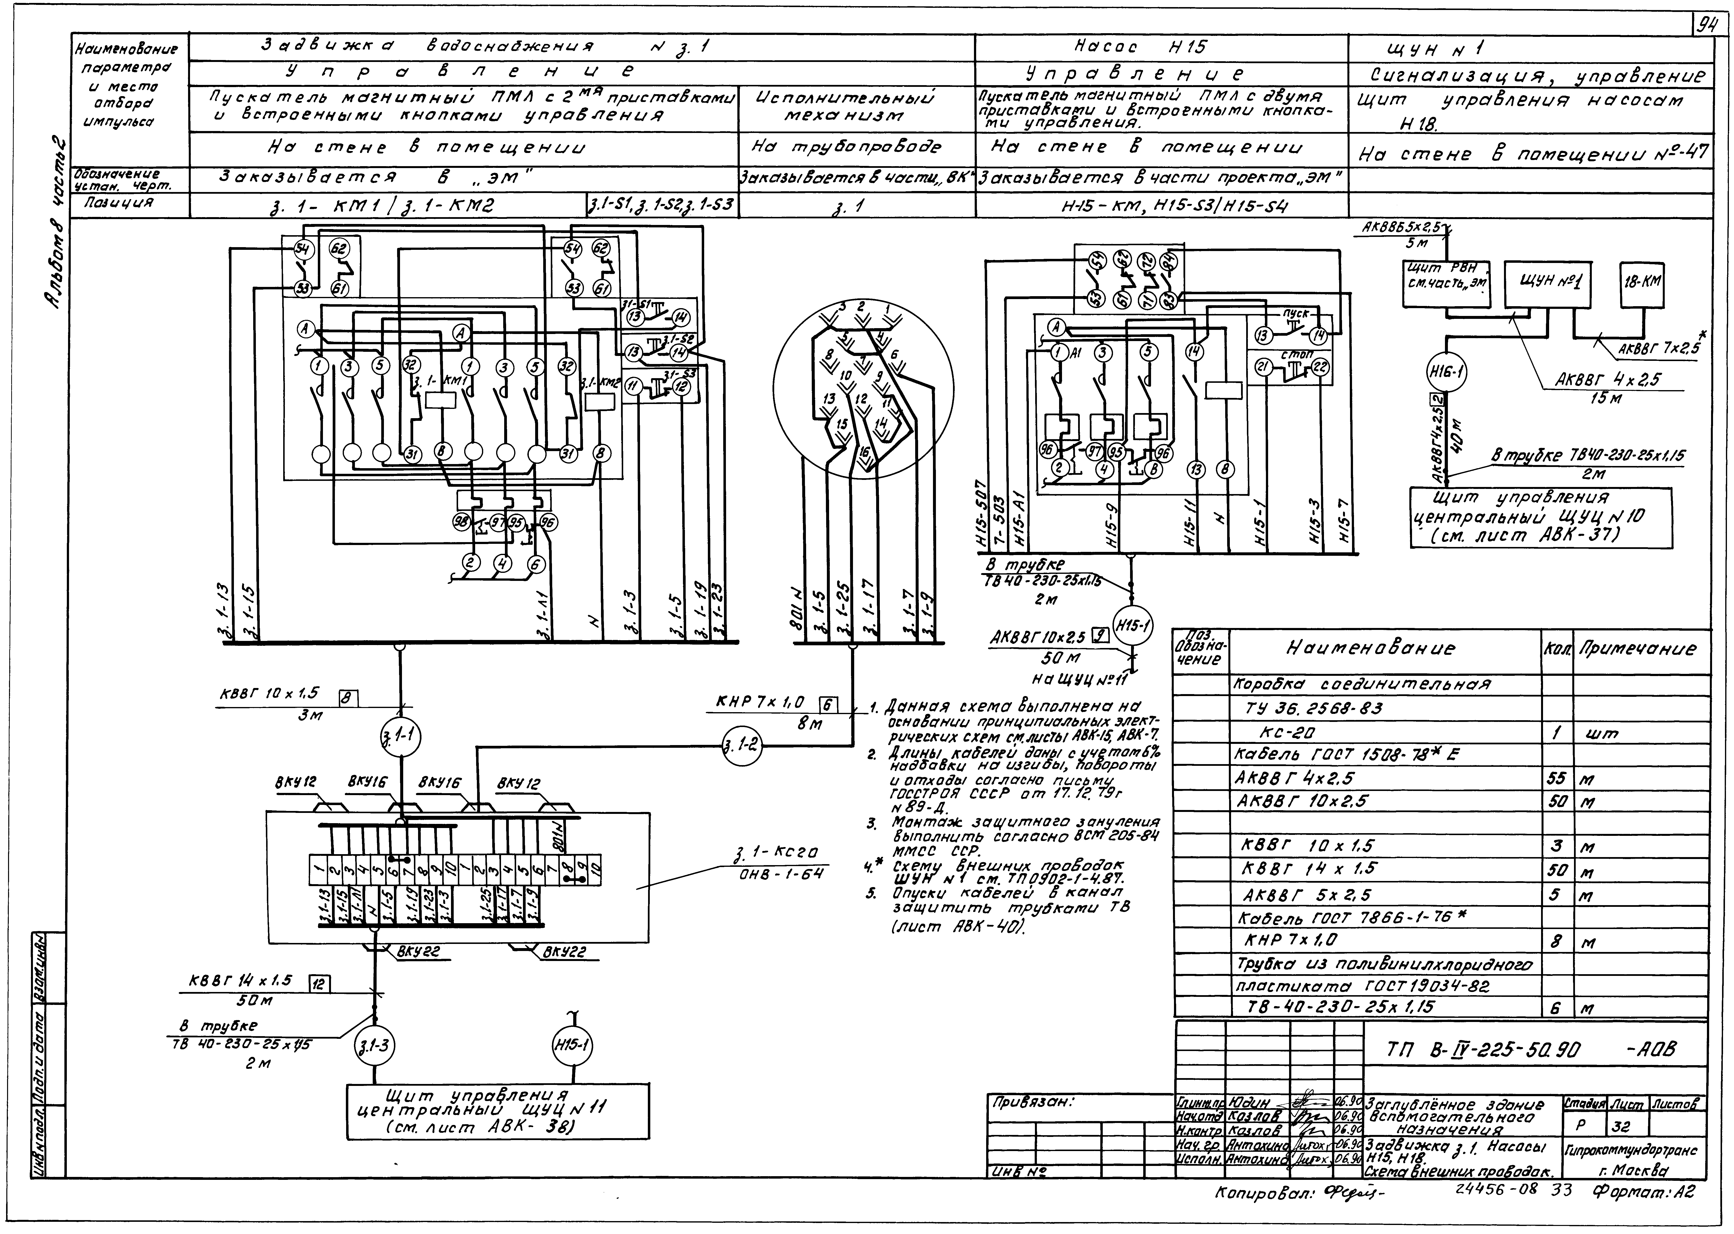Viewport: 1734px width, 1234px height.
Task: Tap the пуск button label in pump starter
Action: pos(1295,313)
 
